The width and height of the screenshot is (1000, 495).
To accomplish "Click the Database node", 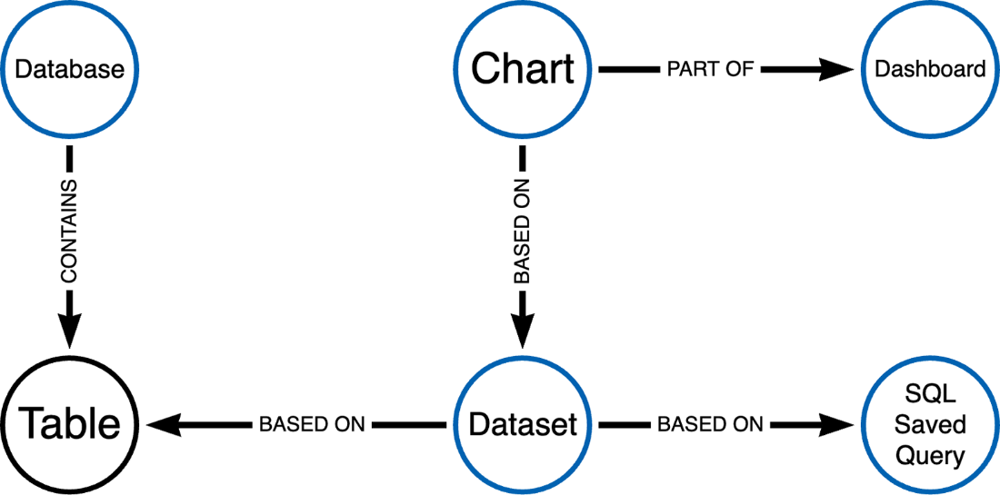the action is (69, 69).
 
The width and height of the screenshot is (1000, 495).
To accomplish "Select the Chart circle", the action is (523, 69).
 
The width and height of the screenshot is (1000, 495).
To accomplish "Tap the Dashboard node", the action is (930, 69).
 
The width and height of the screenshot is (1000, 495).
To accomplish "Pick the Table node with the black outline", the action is (69, 424).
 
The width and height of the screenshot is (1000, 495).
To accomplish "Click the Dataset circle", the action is (523, 424).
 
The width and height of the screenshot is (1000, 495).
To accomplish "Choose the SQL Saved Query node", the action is (930, 424).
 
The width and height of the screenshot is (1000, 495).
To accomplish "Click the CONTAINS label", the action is (69, 231).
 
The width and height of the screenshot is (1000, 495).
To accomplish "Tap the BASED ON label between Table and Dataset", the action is (312, 424).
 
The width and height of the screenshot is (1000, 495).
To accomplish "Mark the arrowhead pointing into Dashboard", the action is (836, 69).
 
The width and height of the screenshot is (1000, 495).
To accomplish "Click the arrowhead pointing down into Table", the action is (69, 330).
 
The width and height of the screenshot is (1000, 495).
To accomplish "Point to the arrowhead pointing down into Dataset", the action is (523, 330).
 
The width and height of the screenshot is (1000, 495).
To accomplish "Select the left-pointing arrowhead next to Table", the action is (164, 424).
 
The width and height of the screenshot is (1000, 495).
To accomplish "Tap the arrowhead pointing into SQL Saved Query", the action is (836, 424).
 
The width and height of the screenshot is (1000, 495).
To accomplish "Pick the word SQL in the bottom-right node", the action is (930, 394).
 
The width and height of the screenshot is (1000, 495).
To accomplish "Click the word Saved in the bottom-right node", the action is (930, 424).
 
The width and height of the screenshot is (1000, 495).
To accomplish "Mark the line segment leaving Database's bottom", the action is (69, 159).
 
